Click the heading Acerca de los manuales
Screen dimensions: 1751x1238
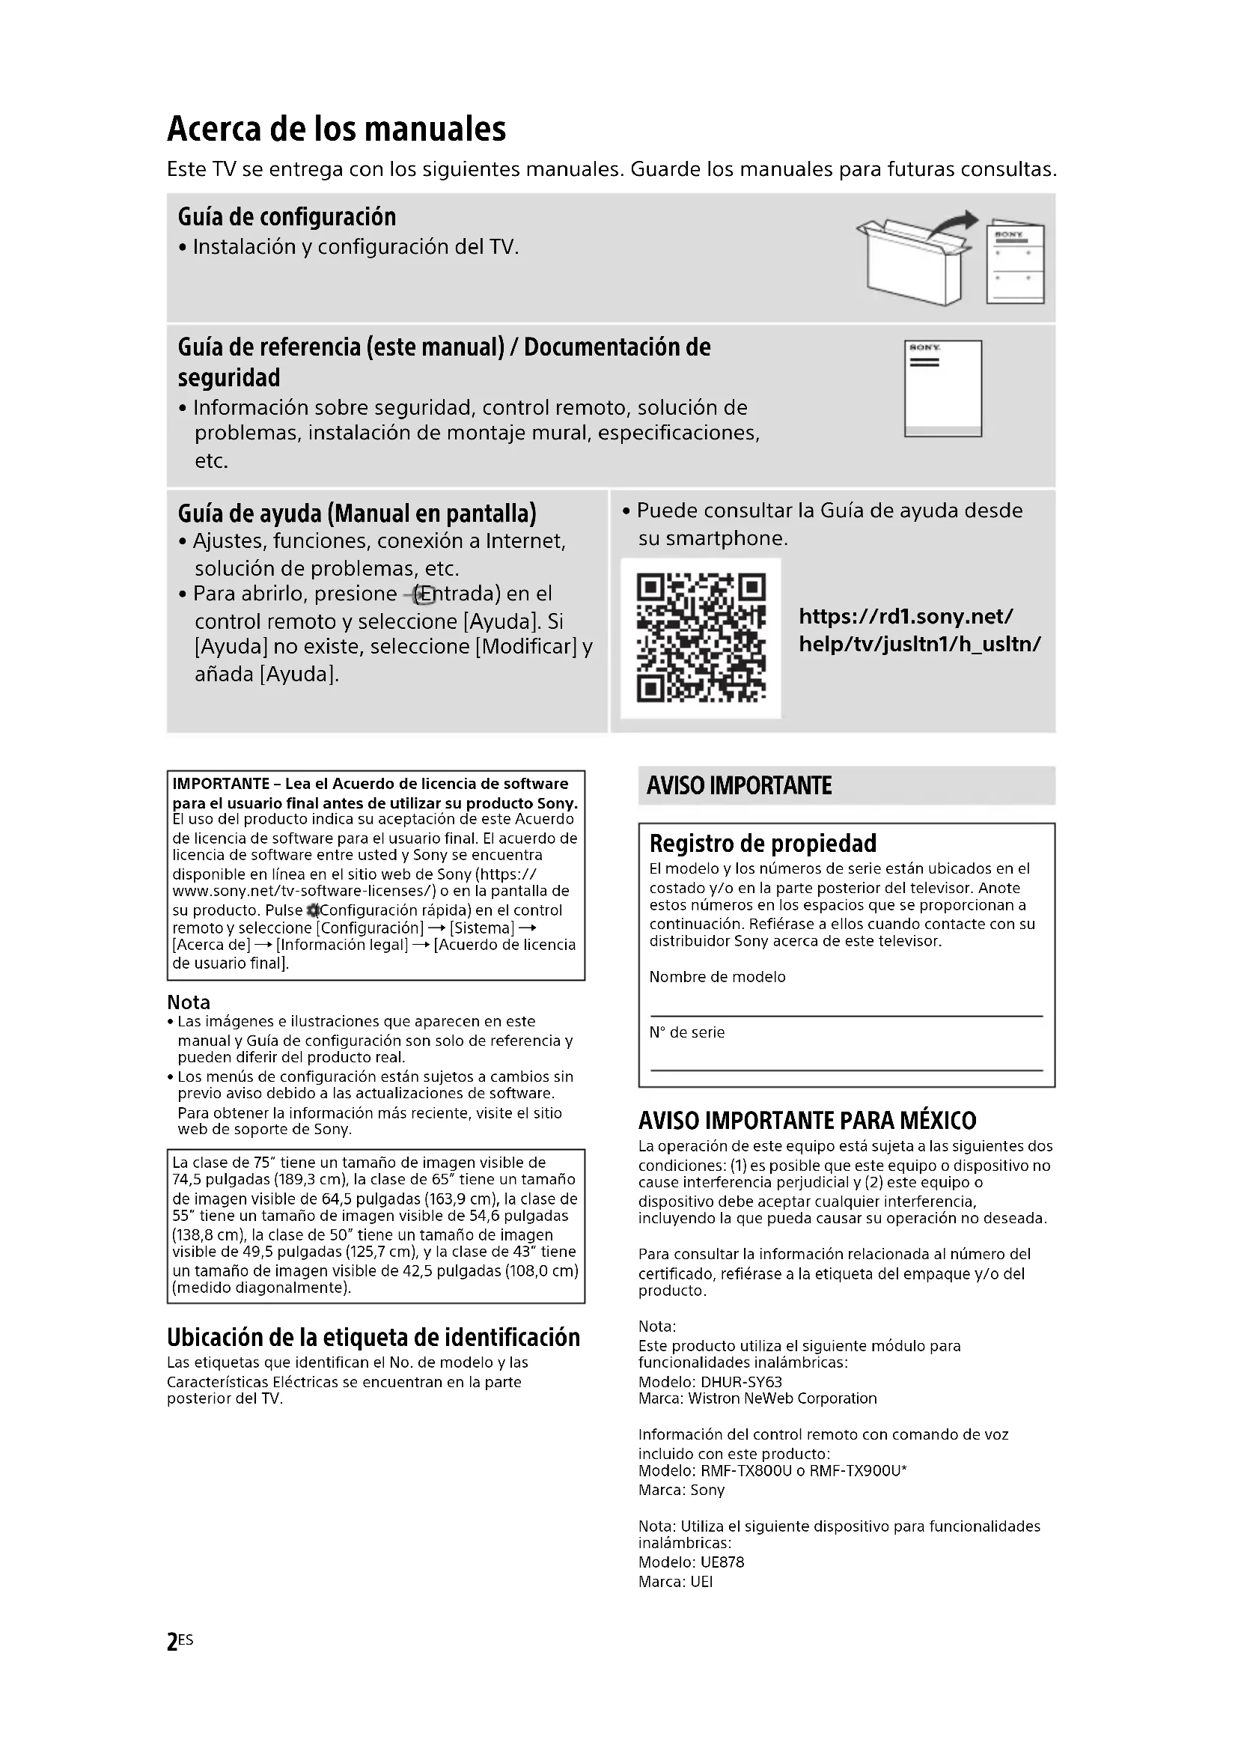tap(336, 129)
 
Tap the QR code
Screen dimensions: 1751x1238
tap(701, 639)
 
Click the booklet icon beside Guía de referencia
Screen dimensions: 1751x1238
tap(943, 389)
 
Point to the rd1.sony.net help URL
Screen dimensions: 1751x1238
tap(919, 630)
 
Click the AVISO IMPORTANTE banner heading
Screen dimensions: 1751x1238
tap(739, 785)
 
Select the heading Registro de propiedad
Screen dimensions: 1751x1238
tap(762, 844)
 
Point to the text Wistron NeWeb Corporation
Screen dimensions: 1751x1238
tap(782, 1398)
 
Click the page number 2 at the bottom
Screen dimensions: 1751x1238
tap(172, 1641)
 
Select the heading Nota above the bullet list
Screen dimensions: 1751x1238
tap(189, 1002)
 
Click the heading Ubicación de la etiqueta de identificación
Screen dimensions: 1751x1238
tap(373, 1338)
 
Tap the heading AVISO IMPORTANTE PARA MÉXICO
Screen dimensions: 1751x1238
tap(808, 1121)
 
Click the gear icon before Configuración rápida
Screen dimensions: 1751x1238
tap(312, 910)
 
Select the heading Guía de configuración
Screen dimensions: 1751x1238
tap(287, 217)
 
